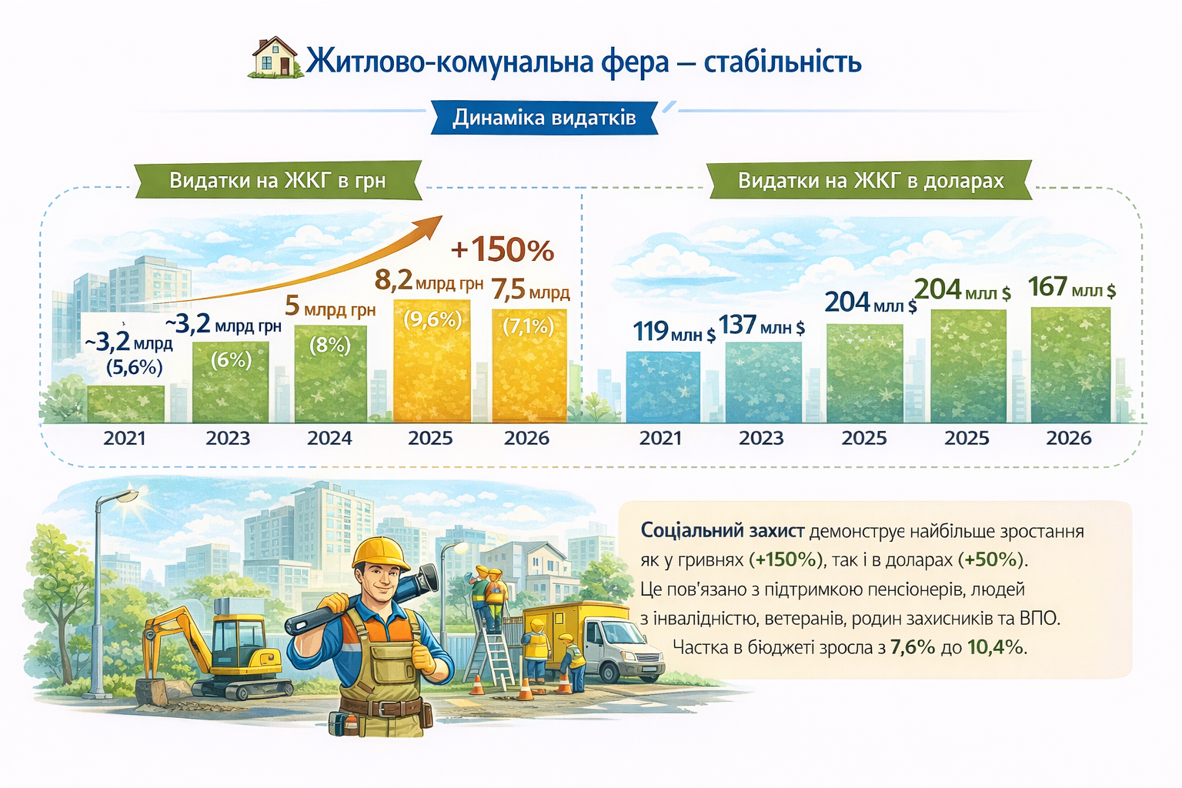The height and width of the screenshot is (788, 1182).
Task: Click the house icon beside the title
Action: point(276,58)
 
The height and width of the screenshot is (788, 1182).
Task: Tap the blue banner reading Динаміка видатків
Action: point(544,117)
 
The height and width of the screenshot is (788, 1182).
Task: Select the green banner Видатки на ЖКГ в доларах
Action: point(870,181)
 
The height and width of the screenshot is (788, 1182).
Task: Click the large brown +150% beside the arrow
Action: point(503,249)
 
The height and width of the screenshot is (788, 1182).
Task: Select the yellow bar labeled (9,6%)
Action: point(432,361)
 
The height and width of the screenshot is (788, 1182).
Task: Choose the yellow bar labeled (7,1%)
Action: point(529,366)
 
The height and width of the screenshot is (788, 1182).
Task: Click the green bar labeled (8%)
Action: point(330,374)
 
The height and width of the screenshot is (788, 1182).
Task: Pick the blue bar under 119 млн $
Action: point(663,387)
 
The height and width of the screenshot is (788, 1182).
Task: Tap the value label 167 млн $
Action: point(1072,288)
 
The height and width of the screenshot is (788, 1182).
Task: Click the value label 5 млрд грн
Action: point(330,306)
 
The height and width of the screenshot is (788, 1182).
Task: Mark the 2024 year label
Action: point(329,438)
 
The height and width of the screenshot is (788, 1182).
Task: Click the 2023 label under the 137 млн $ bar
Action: point(761,438)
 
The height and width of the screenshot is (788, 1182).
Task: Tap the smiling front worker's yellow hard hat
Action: point(380,553)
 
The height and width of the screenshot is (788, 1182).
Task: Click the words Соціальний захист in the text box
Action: point(723,530)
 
